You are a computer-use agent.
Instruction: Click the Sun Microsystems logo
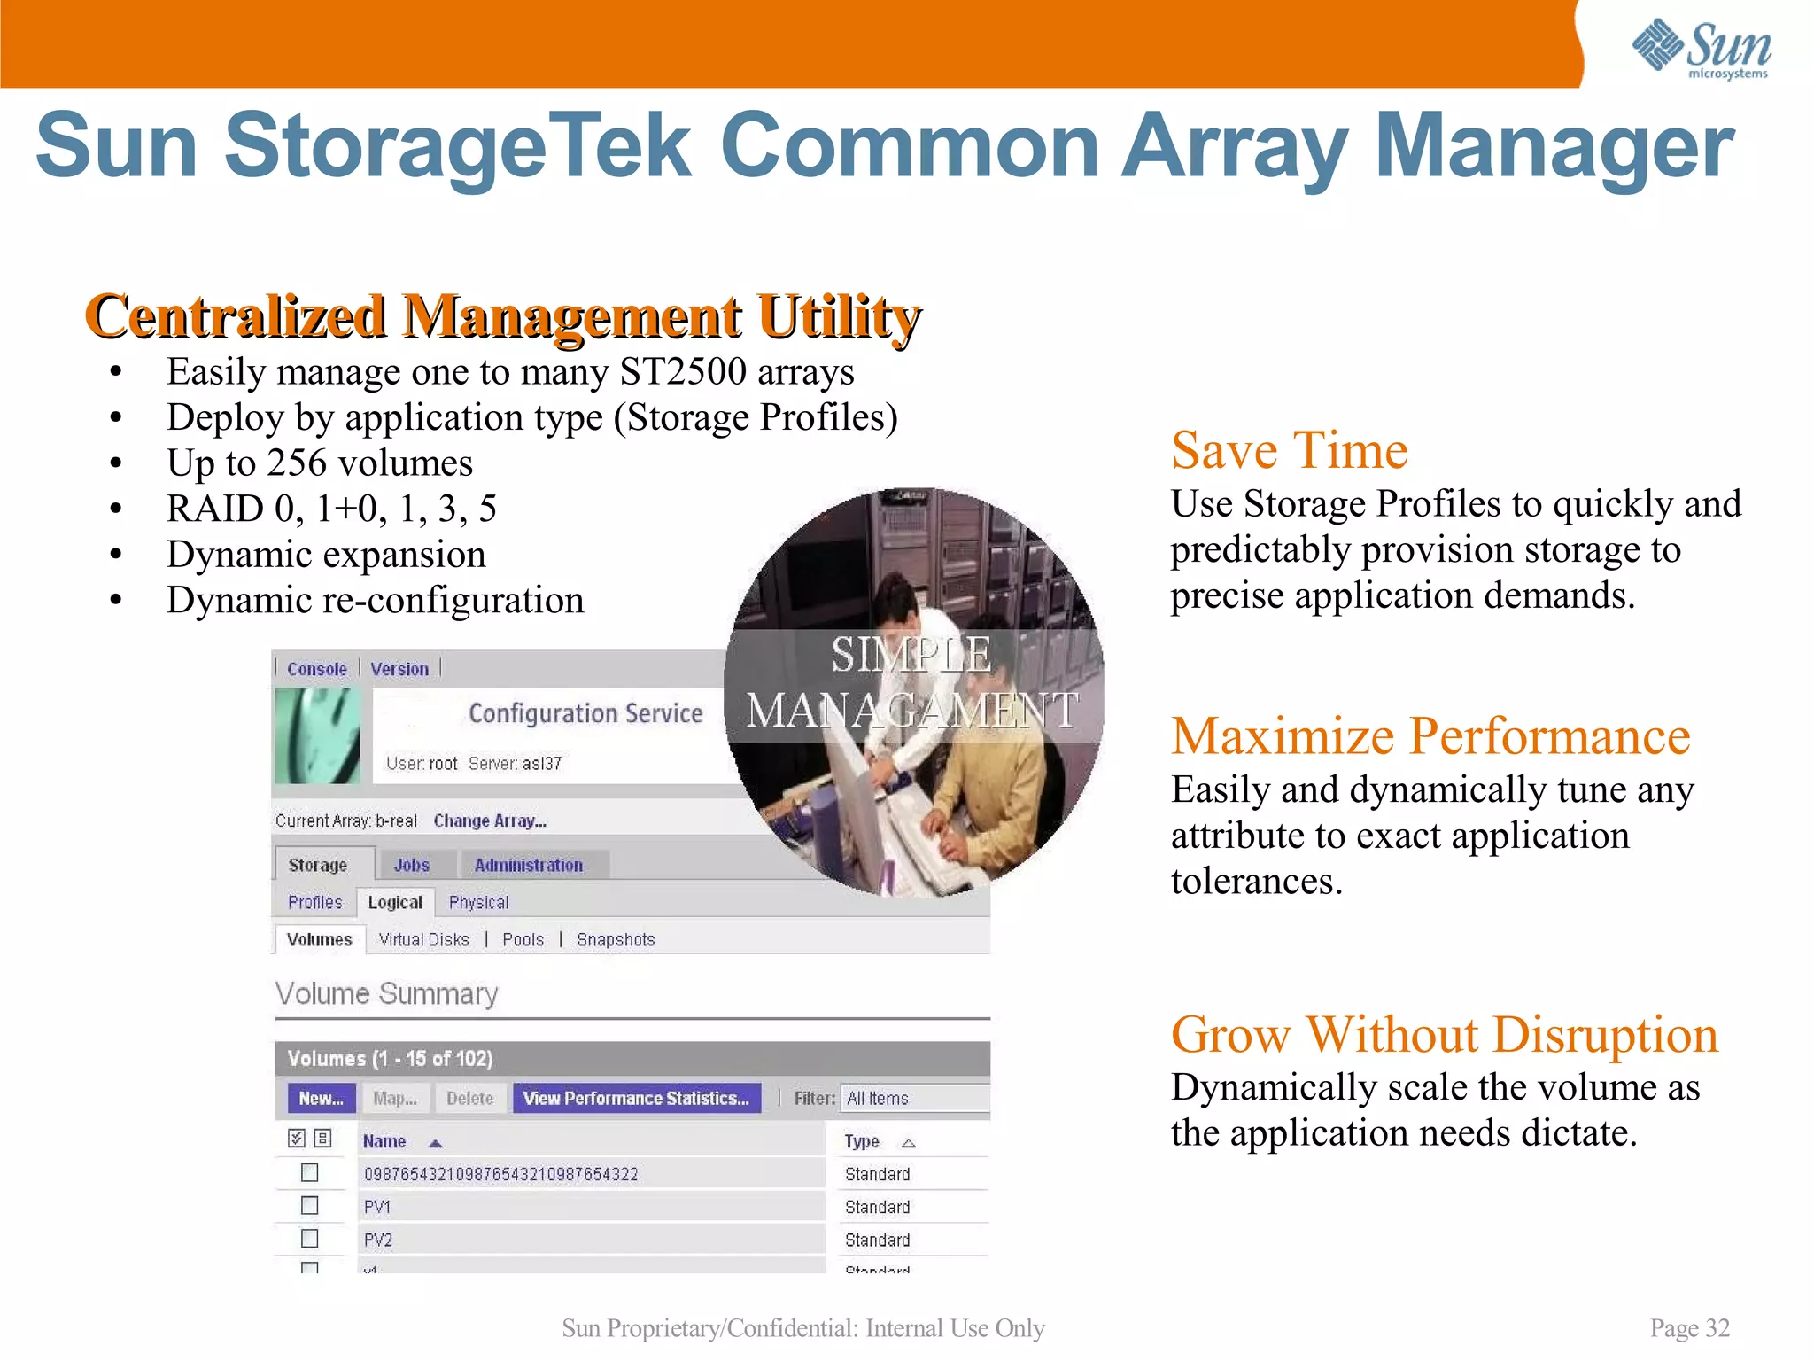[1701, 50]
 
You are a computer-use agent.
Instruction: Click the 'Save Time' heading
[1289, 450]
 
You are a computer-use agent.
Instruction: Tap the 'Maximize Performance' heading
[1430, 736]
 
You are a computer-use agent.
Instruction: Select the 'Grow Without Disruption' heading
[1444, 1035]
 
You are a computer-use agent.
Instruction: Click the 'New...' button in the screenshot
[321, 1099]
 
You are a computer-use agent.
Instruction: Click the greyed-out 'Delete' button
[469, 1099]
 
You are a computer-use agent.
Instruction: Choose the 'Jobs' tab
[412, 865]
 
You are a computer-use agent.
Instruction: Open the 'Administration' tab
[528, 865]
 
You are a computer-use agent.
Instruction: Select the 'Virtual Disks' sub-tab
[423, 939]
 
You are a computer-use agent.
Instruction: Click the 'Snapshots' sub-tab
[616, 939]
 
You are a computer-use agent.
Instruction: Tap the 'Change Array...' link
[490, 820]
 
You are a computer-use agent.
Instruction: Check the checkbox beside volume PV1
[309, 1206]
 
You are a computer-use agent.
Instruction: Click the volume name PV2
[378, 1240]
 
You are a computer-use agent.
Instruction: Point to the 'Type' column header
[862, 1141]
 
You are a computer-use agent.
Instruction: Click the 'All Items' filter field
[912, 1099]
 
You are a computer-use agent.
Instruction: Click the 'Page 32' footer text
[1689, 1328]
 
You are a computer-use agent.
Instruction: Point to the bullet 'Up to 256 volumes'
[320, 463]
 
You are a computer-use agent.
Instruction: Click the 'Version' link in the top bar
[399, 669]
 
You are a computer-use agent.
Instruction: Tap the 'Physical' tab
[478, 902]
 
